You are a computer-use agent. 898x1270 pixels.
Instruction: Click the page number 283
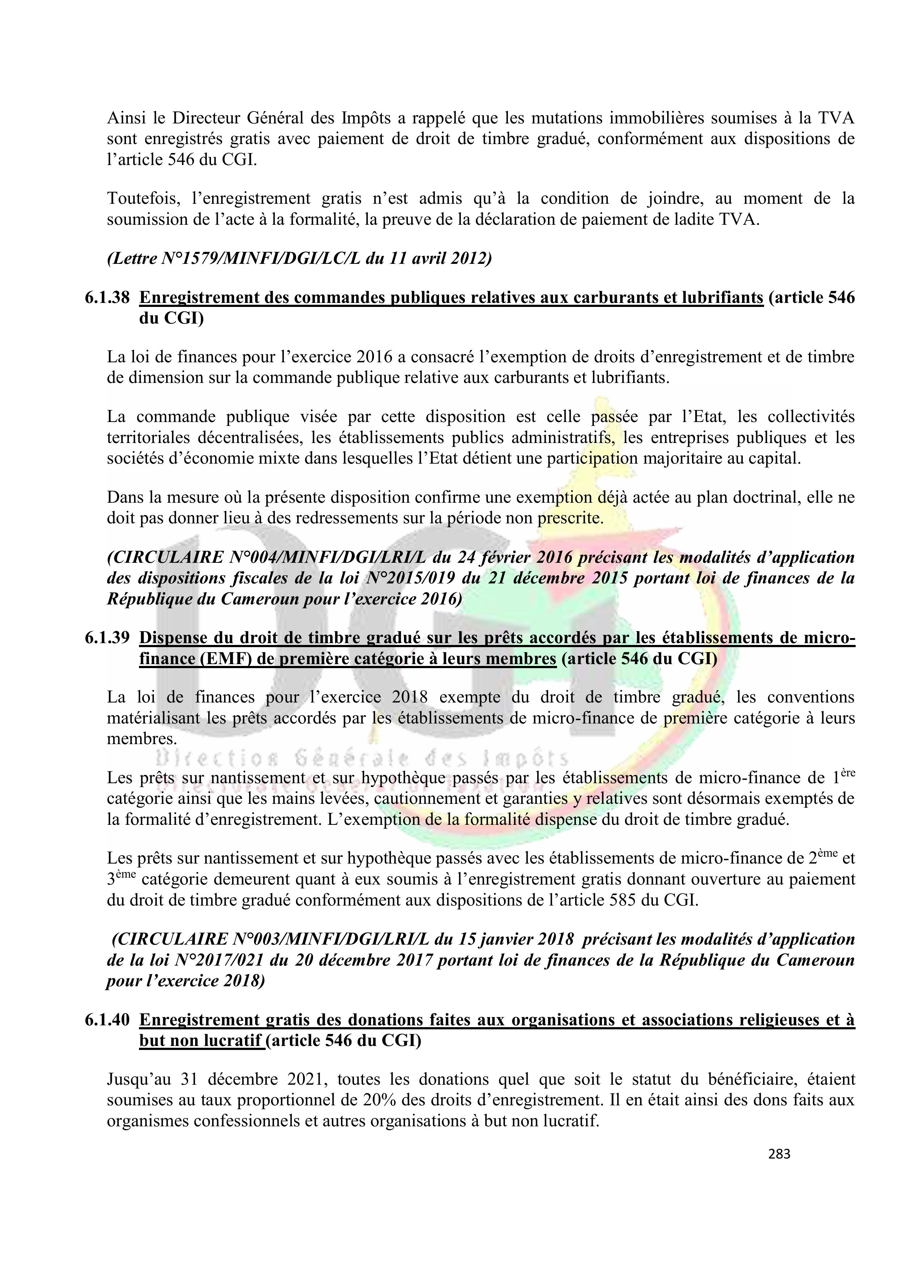click(779, 1154)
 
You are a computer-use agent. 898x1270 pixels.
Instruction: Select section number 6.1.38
click(107, 298)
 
